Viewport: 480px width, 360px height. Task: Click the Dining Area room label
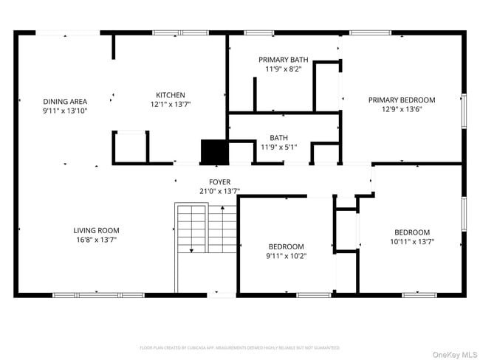click(x=65, y=101)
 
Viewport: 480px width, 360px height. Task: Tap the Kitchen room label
click(x=170, y=95)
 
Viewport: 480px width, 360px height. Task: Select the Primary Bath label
click(x=283, y=60)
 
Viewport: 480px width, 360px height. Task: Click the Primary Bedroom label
click(x=402, y=100)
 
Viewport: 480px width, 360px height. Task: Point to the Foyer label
click(x=219, y=181)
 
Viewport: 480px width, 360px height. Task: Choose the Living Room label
click(x=96, y=230)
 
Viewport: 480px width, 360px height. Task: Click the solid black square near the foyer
click(x=214, y=151)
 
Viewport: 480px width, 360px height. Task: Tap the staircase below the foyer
click(x=205, y=236)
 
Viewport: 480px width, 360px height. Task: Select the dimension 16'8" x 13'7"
click(x=96, y=240)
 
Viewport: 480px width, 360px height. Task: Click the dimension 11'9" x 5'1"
click(x=278, y=147)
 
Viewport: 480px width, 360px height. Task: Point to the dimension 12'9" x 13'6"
click(x=402, y=109)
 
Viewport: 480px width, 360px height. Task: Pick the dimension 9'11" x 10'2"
click(x=286, y=256)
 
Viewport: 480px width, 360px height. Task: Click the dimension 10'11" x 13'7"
click(x=411, y=241)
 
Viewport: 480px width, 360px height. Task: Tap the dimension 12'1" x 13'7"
click(x=170, y=105)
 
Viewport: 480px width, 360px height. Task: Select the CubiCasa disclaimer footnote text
click(x=239, y=347)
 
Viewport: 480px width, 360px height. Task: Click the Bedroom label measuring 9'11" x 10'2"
click(x=286, y=246)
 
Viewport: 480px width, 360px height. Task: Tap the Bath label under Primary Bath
click(x=278, y=137)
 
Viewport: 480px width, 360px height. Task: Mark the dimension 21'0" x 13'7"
click(x=219, y=191)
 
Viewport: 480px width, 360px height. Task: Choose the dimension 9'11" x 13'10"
click(x=65, y=111)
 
